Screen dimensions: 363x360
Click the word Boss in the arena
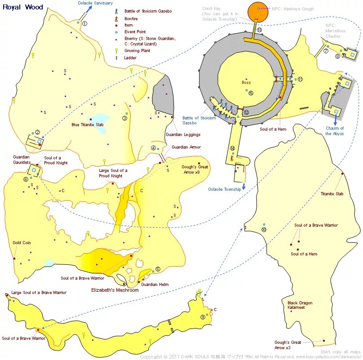click(x=246, y=82)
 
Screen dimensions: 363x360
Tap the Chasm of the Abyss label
click(x=335, y=131)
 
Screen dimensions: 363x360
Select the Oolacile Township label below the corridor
click(x=225, y=189)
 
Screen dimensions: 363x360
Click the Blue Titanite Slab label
click(x=89, y=125)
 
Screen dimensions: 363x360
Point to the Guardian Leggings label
click(x=183, y=134)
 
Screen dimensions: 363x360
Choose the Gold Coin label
click(x=22, y=242)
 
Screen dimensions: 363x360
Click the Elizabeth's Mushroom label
click(x=115, y=290)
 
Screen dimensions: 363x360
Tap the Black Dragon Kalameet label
click(x=300, y=305)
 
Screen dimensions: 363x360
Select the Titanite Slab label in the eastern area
click(x=332, y=194)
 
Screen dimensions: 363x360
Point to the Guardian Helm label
click(x=155, y=285)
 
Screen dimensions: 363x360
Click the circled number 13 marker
click(x=259, y=30)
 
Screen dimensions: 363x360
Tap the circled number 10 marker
click(x=264, y=229)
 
